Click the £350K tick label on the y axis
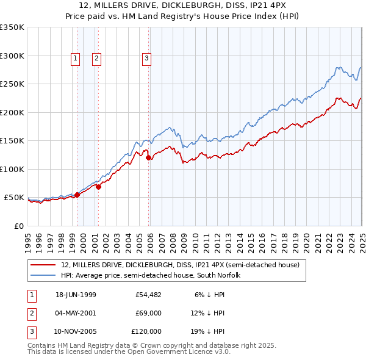(12, 27)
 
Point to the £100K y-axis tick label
(12, 169)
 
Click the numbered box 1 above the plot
(75, 59)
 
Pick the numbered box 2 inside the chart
(97, 59)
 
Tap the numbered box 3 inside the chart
(147, 59)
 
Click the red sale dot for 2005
(149, 158)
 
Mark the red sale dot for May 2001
(98, 187)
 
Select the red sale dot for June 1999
(77, 195)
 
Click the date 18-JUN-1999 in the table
(76, 295)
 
